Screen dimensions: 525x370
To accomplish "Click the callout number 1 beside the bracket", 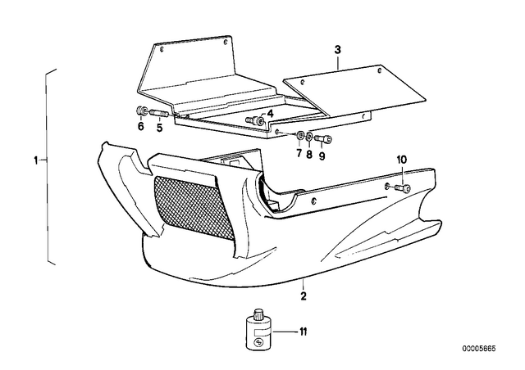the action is coord(36,160).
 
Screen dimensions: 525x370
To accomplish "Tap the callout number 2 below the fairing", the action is coord(304,296).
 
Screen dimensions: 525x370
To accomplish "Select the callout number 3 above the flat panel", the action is coord(337,50).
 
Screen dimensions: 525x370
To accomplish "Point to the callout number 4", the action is coord(270,114).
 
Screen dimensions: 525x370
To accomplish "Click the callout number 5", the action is coord(159,128).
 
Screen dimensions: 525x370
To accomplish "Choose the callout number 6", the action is coord(140,127).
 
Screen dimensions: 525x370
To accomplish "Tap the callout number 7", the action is coord(299,154).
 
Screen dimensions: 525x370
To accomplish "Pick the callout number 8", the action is coord(309,155).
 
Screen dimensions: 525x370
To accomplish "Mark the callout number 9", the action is coord(322,156).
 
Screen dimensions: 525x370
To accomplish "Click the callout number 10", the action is coord(402,160).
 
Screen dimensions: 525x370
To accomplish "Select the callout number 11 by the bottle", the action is coord(303,332).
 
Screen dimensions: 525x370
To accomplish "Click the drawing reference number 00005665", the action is coord(479,349).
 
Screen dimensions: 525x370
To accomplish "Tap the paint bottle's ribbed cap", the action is coord(259,314).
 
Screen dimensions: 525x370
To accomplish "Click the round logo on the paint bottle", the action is coord(258,343).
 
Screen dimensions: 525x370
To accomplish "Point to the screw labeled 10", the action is coord(403,187).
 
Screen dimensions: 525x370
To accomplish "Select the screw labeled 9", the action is coord(324,138).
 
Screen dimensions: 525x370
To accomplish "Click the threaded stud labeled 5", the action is coord(160,114).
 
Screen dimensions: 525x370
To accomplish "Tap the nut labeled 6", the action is coord(141,111).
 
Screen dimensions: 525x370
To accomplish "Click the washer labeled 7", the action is coord(299,135).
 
